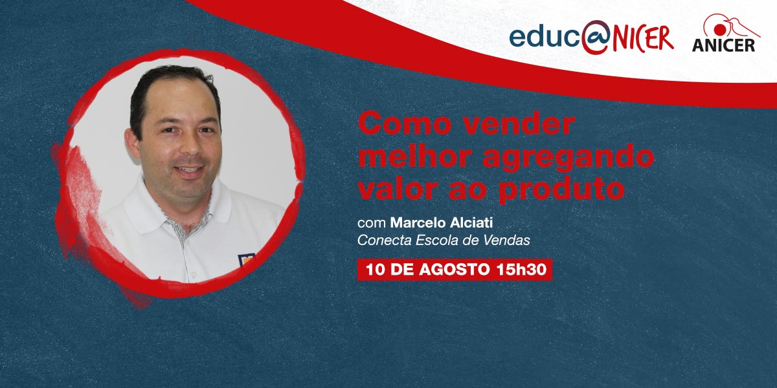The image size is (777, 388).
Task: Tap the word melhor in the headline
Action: click(x=415, y=156)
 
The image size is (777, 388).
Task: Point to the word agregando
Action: click(x=569, y=158)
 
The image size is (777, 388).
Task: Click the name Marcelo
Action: click(x=418, y=222)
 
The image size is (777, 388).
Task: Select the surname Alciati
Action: click(x=471, y=222)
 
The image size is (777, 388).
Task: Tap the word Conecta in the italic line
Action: click(x=385, y=241)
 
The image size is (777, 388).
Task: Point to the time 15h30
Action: click(x=521, y=270)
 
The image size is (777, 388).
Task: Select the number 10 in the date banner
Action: click(x=376, y=270)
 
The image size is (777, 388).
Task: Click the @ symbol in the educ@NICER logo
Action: click(x=596, y=37)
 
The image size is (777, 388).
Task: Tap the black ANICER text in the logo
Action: click(x=724, y=45)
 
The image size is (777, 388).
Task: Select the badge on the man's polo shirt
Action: click(x=246, y=260)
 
